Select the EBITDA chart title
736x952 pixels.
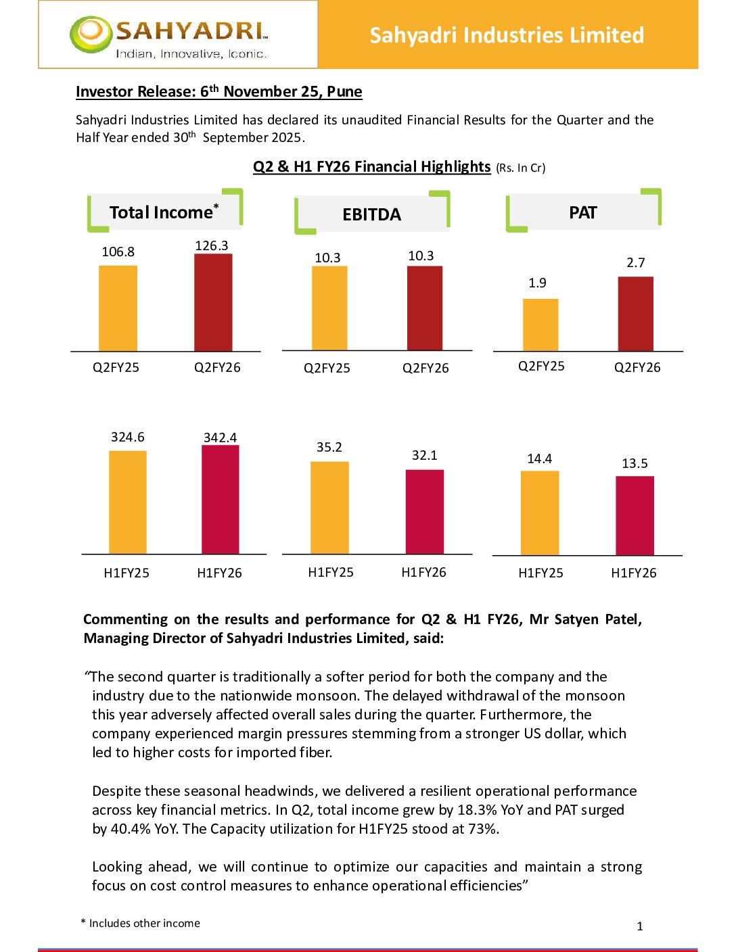pyautogui.click(x=371, y=214)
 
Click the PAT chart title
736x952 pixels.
pyautogui.click(x=582, y=213)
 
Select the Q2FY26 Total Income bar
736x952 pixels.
pyautogui.click(x=213, y=302)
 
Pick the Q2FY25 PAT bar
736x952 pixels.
pyautogui.click(x=540, y=325)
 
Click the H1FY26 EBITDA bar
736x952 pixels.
pyautogui.click(x=424, y=512)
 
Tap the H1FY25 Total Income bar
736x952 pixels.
pyautogui.click(x=127, y=502)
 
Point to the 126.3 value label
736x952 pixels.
pyautogui.click(x=212, y=245)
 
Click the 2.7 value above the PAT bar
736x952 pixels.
pyautogui.click(x=635, y=262)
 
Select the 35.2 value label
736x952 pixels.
pyautogui.click(x=329, y=447)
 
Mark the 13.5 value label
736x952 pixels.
pyautogui.click(x=635, y=463)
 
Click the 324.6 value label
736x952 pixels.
pyautogui.click(x=128, y=437)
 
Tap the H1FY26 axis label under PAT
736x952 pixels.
pyautogui.click(x=634, y=573)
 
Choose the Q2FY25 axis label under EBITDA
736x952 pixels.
pyautogui.click(x=327, y=368)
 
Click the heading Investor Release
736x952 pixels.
pyautogui.click(x=218, y=91)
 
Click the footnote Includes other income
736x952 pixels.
pyautogui.click(x=144, y=923)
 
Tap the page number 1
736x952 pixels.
pyautogui.click(x=640, y=926)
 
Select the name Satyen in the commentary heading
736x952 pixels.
pyautogui.click(x=576, y=619)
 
